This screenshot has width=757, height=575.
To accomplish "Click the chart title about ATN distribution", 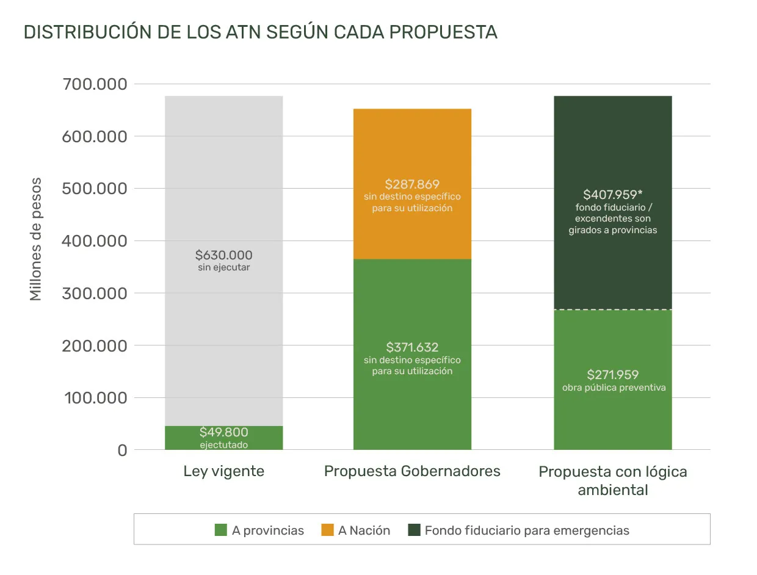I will click(261, 32).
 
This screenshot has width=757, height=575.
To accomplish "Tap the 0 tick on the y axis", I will click(121, 450).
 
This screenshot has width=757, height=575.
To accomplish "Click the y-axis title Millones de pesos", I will click(36, 239).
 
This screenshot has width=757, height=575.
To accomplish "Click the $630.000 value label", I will click(223, 255).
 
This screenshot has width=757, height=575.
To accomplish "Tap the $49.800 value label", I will click(223, 433).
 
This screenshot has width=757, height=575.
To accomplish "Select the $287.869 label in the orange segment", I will click(412, 184).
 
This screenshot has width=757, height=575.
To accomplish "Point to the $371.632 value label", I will click(412, 347).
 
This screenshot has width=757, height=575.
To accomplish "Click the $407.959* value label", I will click(612, 195).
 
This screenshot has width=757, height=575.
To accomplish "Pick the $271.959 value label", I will click(612, 375).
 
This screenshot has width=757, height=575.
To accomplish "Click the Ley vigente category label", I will click(223, 471).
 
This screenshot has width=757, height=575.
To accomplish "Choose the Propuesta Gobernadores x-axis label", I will click(412, 471).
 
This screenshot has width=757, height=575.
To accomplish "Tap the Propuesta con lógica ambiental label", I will click(612, 480).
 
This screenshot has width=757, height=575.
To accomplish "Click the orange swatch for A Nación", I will click(328, 530).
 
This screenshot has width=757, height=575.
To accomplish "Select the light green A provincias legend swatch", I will click(221, 530).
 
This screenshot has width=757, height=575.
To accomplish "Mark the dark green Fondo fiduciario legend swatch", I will click(414, 530).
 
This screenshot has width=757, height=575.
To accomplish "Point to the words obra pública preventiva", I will click(612, 388).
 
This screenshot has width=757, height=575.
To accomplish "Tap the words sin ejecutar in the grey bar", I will click(223, 267).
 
